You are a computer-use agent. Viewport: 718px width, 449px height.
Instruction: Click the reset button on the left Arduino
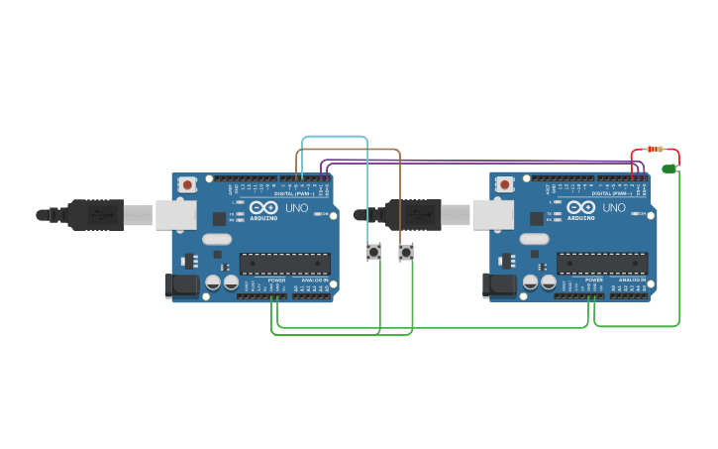pos(188,184)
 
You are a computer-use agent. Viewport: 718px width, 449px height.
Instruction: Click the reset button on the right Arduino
pos(505,184)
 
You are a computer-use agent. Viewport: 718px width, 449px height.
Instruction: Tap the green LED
pos(669,168)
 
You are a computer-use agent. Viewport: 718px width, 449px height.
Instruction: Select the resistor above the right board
pos(654,149)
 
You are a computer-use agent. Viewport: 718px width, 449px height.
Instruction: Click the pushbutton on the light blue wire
pos(373,252)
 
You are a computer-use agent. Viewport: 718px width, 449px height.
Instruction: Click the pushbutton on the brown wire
pos(406,252)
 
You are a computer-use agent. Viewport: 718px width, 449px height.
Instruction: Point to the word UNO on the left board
pos(297,208)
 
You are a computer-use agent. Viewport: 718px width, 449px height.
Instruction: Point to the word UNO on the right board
pos(614,208)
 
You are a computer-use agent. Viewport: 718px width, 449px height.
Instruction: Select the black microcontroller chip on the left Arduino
pos(285,263)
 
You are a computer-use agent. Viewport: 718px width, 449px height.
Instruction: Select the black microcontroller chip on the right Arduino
pos(602,263)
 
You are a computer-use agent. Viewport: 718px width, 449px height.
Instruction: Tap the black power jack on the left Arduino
pos(181,285)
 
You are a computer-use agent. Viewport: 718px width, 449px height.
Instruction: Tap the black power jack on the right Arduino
pos(498,285)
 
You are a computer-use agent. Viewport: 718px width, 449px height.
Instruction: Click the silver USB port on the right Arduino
pos(492,214)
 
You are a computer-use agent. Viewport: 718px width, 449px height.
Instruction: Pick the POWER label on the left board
pos(276,281)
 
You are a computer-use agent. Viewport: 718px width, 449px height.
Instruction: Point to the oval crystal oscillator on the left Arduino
pos(216,239)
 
